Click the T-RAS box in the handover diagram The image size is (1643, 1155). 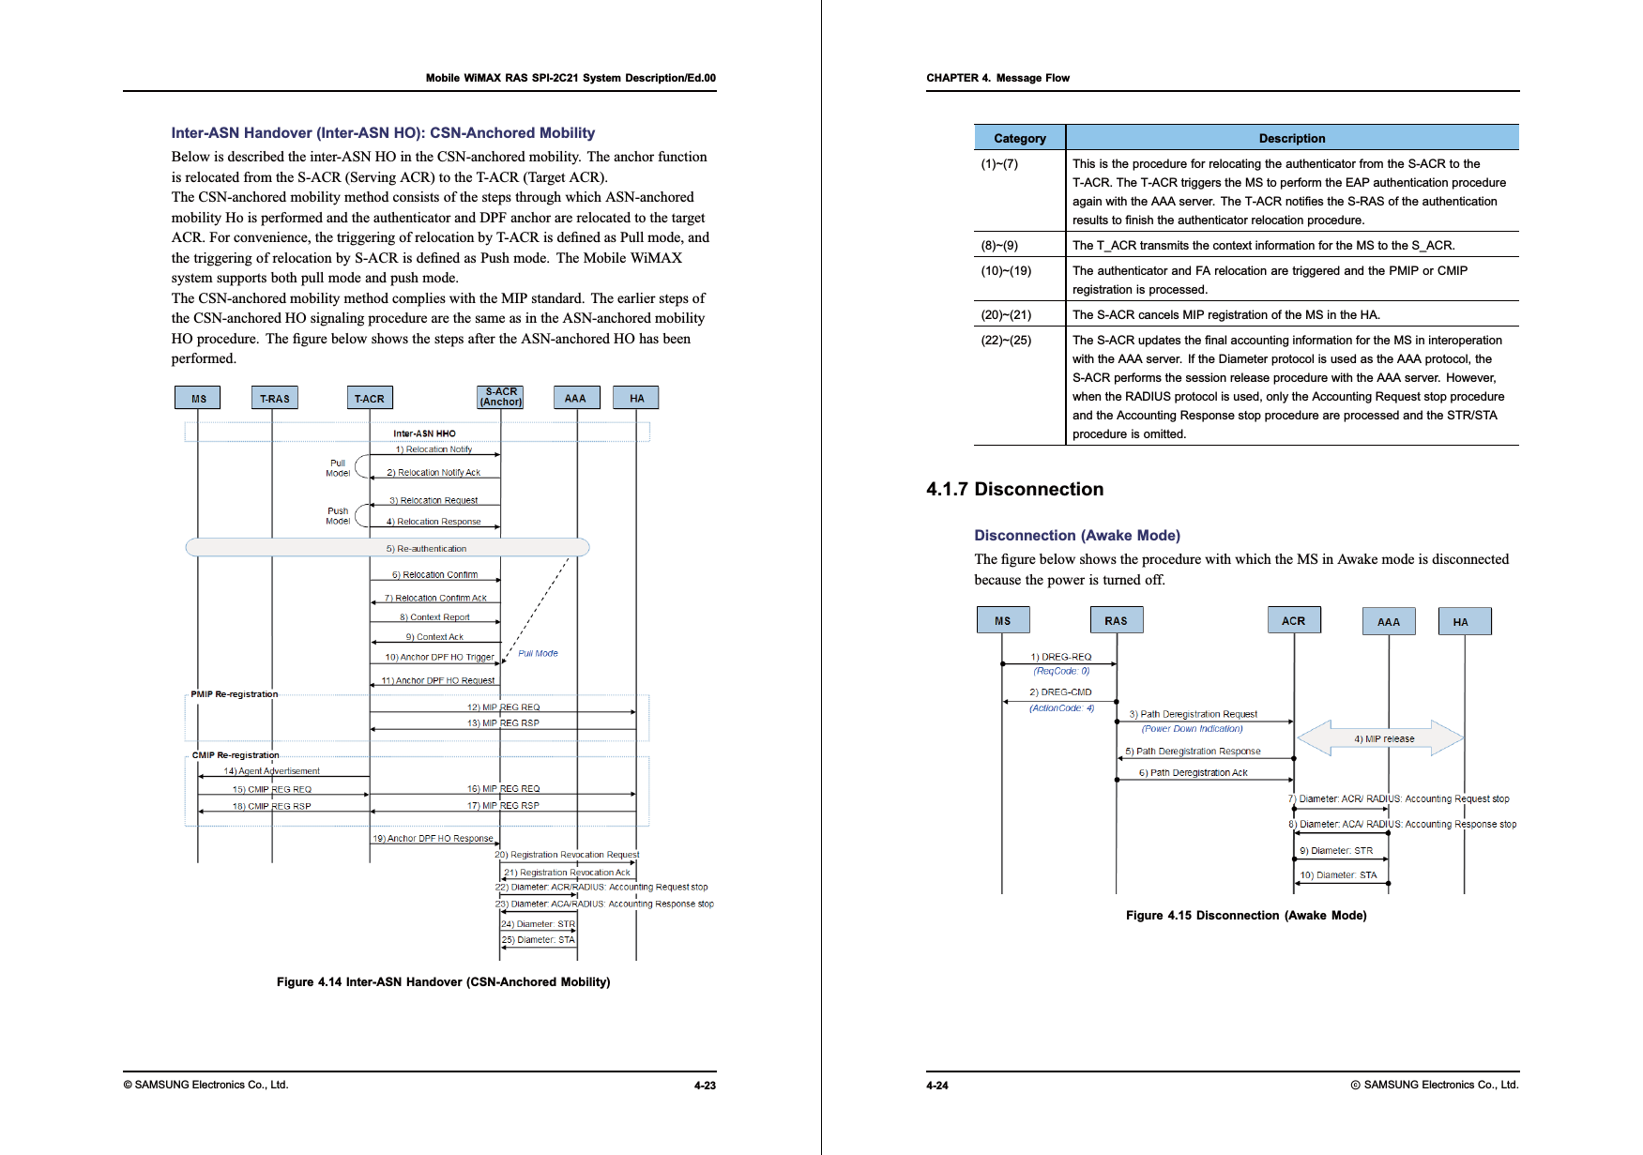pos(274,399)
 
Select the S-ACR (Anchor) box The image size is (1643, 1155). pos(500,397)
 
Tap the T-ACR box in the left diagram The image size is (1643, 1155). pos(370,399)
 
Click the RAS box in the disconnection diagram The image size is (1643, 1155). pos(1116,621)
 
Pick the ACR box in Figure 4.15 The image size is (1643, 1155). pos(1294,621)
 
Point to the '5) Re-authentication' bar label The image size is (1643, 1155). pos(426,549)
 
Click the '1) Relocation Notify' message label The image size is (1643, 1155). pos(434,449)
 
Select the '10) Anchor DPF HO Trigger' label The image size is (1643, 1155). pos(439,658)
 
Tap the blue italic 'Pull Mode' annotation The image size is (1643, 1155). pos(538,654)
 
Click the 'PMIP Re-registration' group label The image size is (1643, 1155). pos(235,694)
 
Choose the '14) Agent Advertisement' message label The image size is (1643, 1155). pos(271,771)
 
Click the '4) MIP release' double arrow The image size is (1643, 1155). pos(1380,738)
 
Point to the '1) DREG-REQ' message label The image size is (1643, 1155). pos(1060,657)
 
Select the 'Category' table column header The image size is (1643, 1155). pos(1019,138)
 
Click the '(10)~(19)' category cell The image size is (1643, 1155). pos(1006,270)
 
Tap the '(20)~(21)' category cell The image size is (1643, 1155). pos(1006,314)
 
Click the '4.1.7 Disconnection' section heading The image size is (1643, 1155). pos(1014,489)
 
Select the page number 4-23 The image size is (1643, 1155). pos(705,1086)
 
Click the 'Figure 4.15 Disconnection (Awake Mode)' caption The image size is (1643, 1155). pos(1246,916)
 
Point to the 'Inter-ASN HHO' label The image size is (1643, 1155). pos(424,433)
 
